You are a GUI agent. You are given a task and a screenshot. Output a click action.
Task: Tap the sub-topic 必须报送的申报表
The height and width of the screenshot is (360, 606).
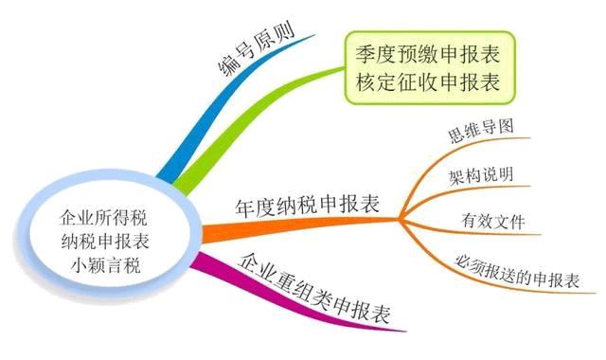516,271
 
